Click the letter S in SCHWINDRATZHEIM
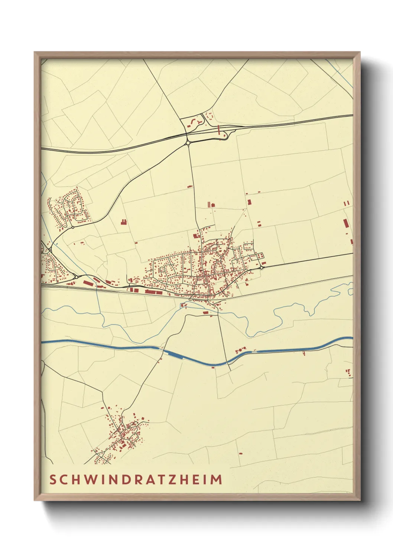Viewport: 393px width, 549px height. point(53,480)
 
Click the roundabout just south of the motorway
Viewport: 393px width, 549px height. point(188,142)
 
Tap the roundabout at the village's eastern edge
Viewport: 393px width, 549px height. point(262,267)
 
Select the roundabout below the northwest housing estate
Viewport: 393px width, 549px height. point(73,227)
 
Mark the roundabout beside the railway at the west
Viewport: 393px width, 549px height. point(76,277)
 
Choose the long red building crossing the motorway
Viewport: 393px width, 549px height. point(219,130)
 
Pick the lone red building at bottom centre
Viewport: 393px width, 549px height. point(240,453)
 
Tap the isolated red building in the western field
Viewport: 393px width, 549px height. point(123,222)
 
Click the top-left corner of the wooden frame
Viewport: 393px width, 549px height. point(35,53)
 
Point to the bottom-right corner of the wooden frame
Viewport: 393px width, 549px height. point(359,500)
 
